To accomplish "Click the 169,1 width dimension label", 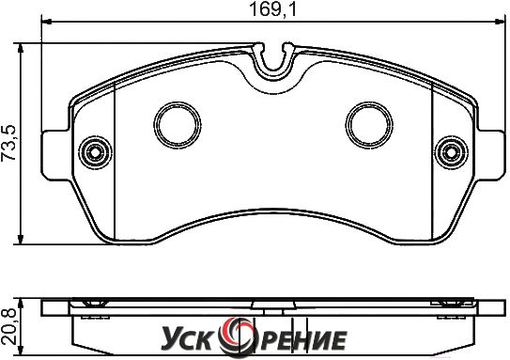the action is [273, 9].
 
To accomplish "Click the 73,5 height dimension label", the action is [9, 143].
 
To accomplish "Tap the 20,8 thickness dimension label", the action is [9, 327].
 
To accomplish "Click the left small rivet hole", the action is [95, 152].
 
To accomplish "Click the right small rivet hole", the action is [452, 152].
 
